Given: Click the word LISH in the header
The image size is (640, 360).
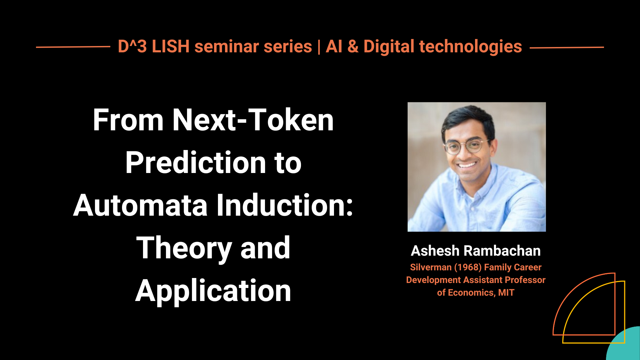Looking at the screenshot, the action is point(170,46).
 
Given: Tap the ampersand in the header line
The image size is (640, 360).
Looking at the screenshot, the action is point(353,46).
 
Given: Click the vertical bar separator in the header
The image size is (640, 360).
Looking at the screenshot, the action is point(319,47).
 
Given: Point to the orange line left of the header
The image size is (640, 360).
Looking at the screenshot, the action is point(73,47).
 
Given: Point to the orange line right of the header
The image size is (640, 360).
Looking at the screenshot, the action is point(567,47).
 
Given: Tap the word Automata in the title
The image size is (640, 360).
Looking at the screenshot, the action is point(140,205).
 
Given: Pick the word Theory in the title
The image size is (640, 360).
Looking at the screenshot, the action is point(184,249).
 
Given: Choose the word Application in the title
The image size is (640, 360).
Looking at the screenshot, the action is point(213,291).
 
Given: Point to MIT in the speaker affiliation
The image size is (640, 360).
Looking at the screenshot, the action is point(506,293).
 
